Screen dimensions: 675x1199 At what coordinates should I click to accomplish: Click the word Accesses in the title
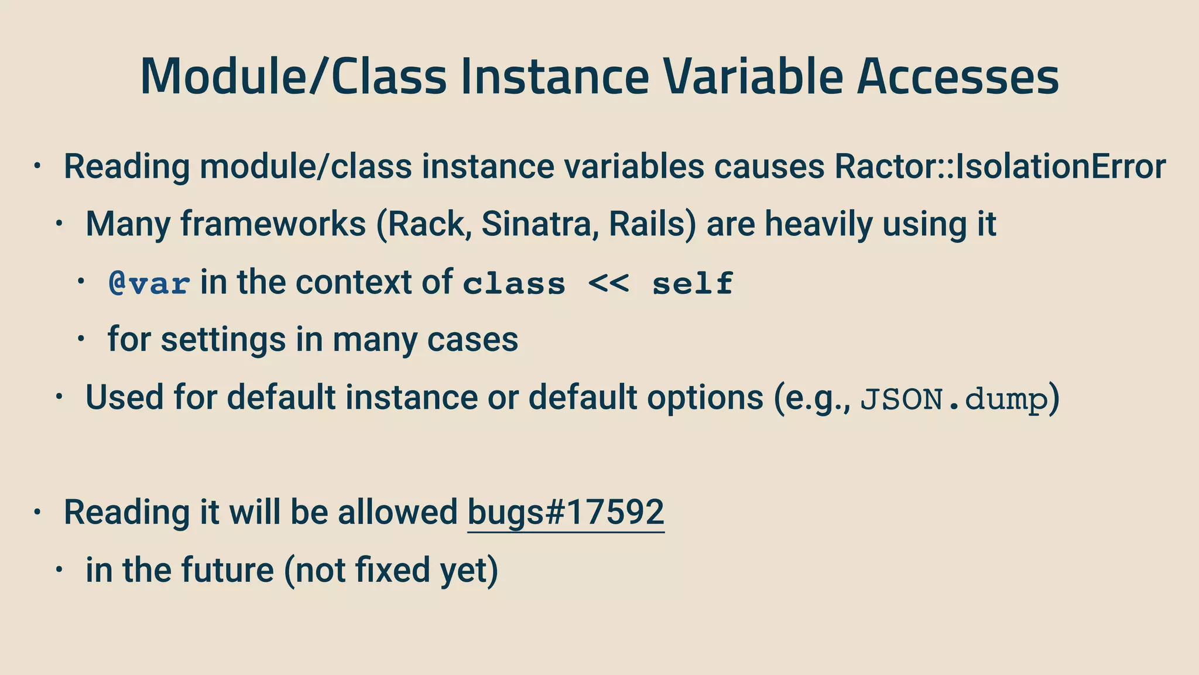[x=958, y=77]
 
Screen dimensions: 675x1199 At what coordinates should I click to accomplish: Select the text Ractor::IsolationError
[x=1000, y=166]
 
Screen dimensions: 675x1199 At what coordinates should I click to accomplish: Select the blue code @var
[x=149, y=284]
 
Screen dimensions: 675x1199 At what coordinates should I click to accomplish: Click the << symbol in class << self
[x=609, y=284]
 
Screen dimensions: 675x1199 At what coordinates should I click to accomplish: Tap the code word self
[x=693, y=284]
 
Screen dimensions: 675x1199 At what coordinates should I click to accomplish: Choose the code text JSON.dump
[x=954, y=400]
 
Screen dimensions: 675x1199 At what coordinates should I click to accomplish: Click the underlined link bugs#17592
[x=566, y=513]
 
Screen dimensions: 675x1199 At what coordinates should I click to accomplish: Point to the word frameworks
[x=273, y=224]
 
